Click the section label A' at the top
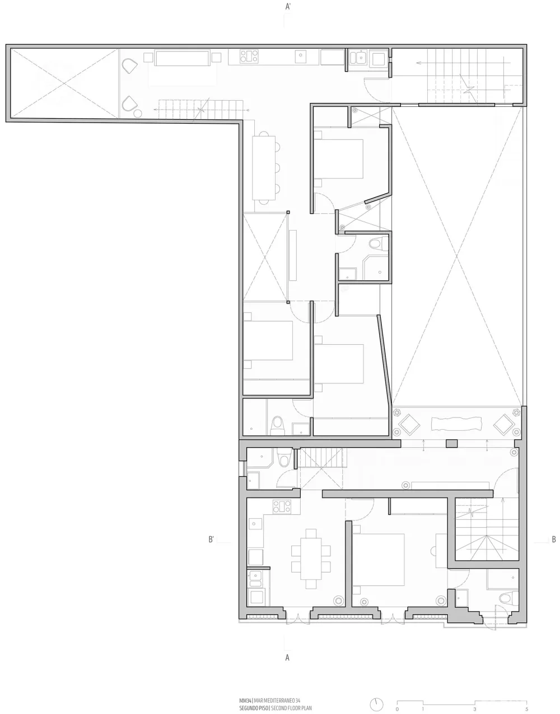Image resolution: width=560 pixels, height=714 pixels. click(287, 7)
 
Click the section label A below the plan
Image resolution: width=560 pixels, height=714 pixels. click(287, 657)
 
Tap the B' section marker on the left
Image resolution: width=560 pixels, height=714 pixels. click(211, 540)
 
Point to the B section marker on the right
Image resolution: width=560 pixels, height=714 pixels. click(553, 540)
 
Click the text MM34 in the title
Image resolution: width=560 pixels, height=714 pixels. click(245, 700)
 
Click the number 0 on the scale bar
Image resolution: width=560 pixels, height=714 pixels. click(396, 709)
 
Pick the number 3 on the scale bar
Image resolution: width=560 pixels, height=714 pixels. click(475, 709)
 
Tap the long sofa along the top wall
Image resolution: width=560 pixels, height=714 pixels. click(183, 58)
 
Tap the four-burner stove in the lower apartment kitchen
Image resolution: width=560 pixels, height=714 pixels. click(282, 506)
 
